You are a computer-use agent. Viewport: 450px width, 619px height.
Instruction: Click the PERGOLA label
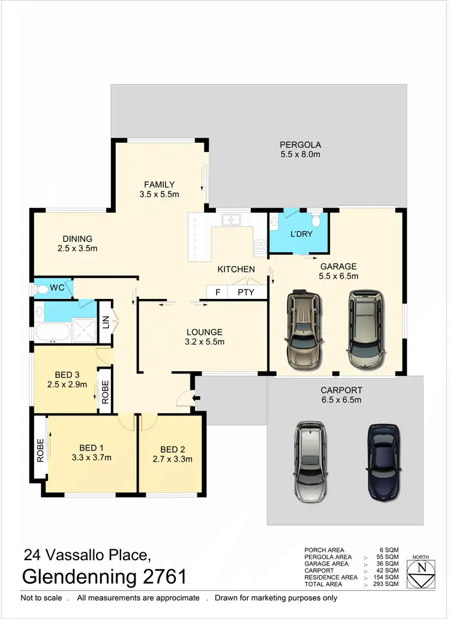[x=301, y=145]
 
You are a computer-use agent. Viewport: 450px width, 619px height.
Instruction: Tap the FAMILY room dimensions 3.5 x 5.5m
[x=158, y=194]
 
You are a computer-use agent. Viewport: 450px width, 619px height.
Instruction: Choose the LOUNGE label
[x=204, y=332]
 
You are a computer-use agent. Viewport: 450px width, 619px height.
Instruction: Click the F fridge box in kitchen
[x=217, y=292]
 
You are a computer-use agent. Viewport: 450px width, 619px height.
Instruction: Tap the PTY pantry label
[x=246, y=292]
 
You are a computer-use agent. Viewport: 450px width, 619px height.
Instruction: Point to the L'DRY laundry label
[x=301, y=234]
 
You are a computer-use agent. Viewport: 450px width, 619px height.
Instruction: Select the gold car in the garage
[x=304, y=330]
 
